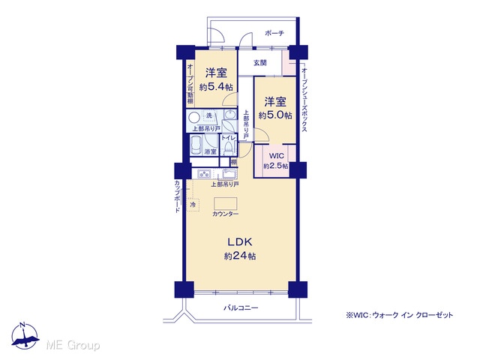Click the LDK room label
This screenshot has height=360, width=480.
[240, 241]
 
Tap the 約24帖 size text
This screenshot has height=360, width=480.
[240, 256]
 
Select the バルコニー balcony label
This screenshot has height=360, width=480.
[241, 307]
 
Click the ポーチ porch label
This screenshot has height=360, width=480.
[274, 33]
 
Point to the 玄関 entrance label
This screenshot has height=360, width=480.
[260, 63]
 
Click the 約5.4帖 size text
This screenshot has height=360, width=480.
[216, 87]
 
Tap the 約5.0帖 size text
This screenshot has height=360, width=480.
[275, 115]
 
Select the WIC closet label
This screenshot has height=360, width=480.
[276, 156]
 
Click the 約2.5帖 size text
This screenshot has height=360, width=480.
[276, 166]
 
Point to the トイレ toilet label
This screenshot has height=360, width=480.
[228, 138]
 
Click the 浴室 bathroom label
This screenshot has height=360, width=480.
[211, 151]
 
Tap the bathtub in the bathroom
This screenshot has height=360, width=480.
[196, 145]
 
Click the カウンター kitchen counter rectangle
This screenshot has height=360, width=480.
[226, 204]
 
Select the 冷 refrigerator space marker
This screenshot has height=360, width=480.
[193, 205]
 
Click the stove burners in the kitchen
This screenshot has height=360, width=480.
[203, 174]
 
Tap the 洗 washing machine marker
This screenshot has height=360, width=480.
[209, 115]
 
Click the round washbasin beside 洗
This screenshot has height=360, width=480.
[193, 118]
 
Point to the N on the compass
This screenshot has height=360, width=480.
[22, 325]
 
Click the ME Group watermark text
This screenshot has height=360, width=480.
[73, 345]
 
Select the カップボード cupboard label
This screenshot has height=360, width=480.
[177, 196]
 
